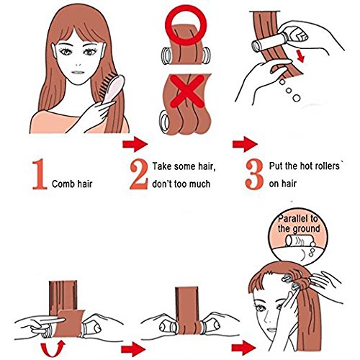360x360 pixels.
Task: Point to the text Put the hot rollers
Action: point(310,167)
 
